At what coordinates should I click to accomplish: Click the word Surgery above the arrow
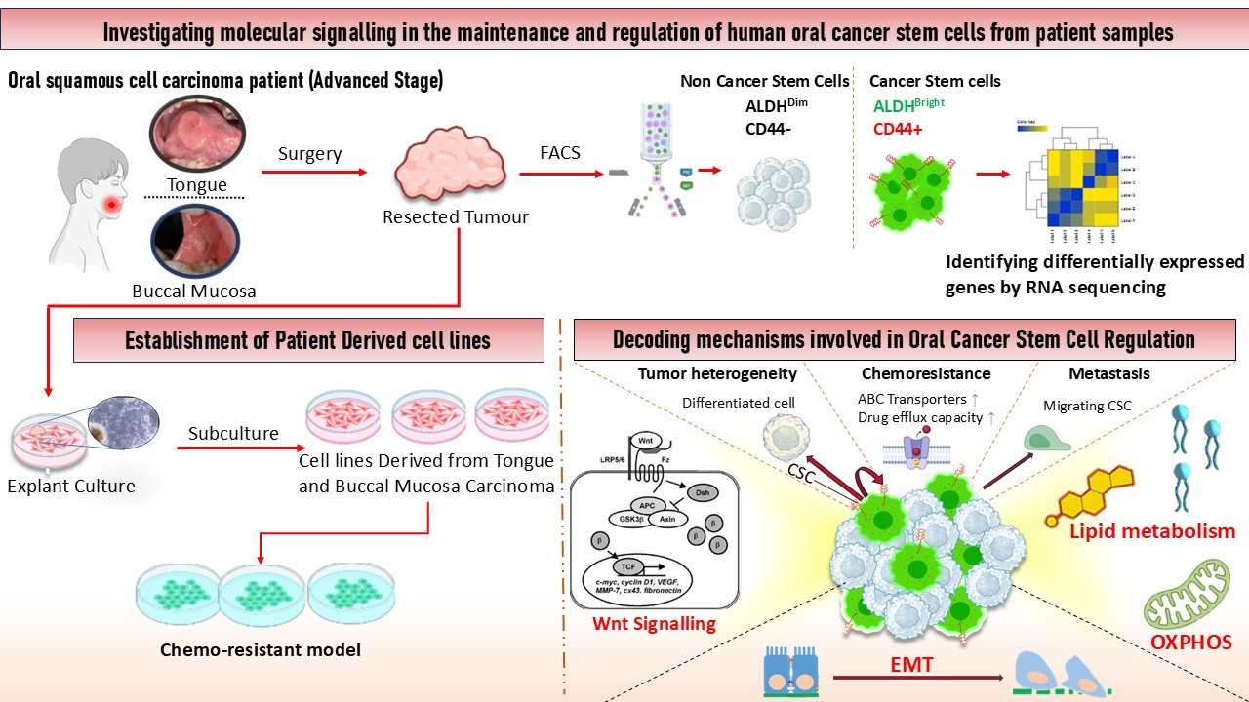(x=309, y=153)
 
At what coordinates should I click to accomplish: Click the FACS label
(x=561, y=153)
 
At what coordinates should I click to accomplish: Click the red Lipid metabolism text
(x=1152, y=531)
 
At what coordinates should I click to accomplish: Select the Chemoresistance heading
(x=926, y=373)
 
